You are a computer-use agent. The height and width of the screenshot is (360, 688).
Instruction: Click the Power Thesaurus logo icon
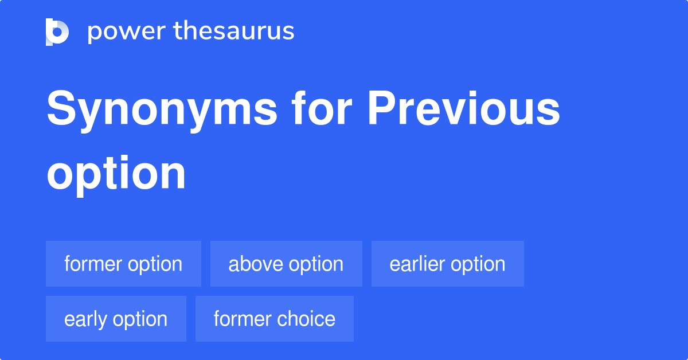coord(57,32)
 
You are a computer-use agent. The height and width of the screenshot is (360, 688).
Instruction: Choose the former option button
coord(123,264)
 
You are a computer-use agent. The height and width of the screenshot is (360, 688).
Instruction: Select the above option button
coord(286,264)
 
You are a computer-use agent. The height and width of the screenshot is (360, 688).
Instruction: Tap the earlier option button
coord(447,264)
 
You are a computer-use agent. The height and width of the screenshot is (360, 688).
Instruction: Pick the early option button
coord(116,319)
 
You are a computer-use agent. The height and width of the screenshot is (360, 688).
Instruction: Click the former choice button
coord(274,319)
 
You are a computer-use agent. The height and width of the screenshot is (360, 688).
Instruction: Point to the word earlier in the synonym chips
coord(417,264)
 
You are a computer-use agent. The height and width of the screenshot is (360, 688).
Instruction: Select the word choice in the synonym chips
coord(307,319)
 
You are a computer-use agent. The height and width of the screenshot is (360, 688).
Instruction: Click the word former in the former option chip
coord(93,264)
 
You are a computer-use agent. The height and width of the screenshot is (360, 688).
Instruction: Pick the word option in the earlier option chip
coord(478,264)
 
